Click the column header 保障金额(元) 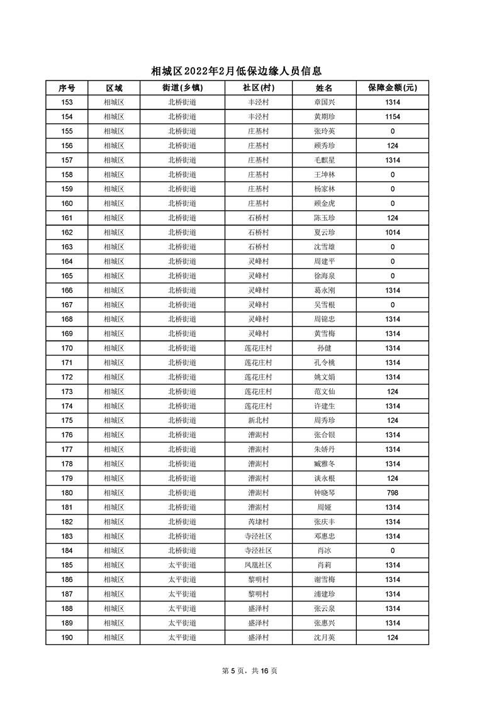[x=393, y=87]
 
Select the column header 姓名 [x=324, y=87]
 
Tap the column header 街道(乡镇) [x=182, y=87]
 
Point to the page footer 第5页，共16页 [x=250, y=671]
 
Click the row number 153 [x=67, y=102]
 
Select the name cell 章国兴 [x=324, y=102]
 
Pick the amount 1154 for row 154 [x=393, y=116]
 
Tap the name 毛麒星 [x=324, y=160]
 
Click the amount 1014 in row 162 [x=393, y=232]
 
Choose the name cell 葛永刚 [x=324, y=290]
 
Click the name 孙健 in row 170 [x=324, y=348]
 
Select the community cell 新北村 [x=258, y=420]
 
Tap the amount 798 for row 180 [x=393, y=493]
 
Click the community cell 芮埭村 [x=258, y=522]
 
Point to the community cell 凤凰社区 [x=258, y=565]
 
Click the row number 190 [x=67, y=637]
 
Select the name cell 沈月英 [x=324, y=637]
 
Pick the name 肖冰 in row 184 [x=324, y=551]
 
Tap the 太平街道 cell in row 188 [x=182, y=608]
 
